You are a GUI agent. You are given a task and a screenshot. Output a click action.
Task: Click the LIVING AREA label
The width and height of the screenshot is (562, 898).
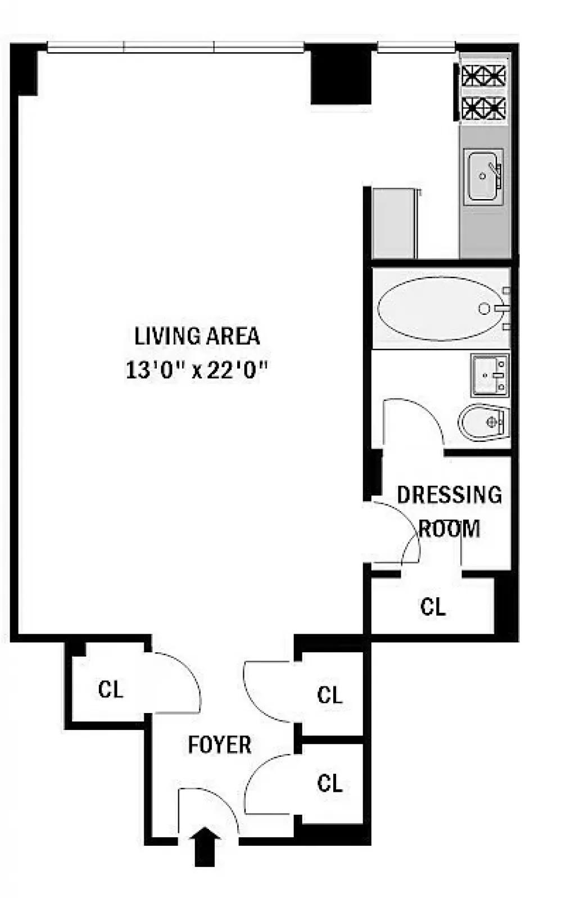click(x=197, y=336)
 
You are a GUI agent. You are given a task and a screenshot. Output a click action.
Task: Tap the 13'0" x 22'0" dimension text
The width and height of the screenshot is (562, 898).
click(x=196, y=369)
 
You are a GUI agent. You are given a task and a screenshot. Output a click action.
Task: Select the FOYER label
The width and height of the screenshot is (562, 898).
click(x=220, y=745)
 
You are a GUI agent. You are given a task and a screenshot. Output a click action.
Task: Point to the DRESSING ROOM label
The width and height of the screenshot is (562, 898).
click(x=450, y=512)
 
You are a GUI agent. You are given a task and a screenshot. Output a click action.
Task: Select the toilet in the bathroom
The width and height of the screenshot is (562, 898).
click(x=484, y=422)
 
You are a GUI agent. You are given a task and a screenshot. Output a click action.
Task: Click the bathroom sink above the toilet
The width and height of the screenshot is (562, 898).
click(x=490, y=375)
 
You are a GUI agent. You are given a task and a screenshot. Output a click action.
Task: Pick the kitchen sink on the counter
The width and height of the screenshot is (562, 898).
click(x=483, y=177)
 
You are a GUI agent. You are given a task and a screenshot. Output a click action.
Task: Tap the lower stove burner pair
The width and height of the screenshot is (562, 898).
click(x=483, y=108)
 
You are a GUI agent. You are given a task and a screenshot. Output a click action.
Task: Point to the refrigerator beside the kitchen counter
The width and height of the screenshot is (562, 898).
click(x=395, y=224)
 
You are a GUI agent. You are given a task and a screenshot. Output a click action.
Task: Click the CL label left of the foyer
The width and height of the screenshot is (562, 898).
click(x=111, y=690)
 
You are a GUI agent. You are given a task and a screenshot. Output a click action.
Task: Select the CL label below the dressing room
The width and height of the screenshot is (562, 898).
click(x=433, y=607)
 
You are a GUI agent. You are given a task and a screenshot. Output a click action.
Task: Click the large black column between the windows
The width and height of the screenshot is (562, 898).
click(x=341, y=74)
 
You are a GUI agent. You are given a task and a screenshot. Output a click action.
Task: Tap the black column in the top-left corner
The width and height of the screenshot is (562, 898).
click(x=24, y=69)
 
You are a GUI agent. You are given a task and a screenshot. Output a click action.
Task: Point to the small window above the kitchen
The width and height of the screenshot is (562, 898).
click(x=416, y=48)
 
